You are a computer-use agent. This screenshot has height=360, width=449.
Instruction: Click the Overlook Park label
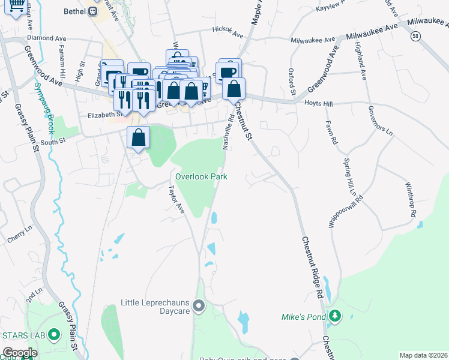click(201, 177)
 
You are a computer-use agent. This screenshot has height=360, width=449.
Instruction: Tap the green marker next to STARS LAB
click(54, 334)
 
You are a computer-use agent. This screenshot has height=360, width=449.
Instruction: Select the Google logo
click(20, 353)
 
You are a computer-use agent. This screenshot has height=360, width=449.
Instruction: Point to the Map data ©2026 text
click(423, 355)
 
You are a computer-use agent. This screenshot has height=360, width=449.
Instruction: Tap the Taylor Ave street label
click(176, 199)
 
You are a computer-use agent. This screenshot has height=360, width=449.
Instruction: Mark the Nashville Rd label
click(228, 132)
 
